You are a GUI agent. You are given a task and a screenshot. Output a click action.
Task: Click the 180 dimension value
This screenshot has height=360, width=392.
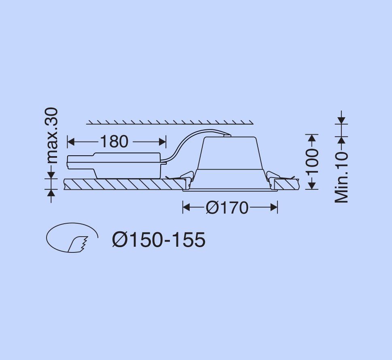tap(114, 142)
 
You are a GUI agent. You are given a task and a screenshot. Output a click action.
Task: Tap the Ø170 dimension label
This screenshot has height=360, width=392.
tap(227, 208)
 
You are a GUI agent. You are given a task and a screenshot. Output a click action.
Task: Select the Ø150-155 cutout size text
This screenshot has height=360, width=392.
tap(159, 239)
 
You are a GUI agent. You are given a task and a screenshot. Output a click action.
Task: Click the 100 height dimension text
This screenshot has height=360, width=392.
tap(312, 161)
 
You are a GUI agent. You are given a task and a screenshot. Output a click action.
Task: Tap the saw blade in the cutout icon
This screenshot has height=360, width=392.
tap(78, 244)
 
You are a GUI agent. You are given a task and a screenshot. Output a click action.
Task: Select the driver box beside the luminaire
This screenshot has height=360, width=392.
tap(114, 165)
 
